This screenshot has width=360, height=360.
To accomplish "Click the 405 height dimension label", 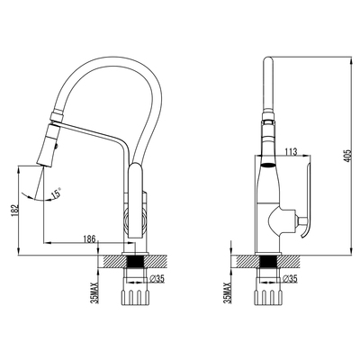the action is pyautogui.click(x=347, y=156).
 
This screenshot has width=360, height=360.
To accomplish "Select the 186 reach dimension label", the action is pyautogui.click(x=89, y=239).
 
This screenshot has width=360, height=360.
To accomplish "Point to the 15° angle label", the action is pyautogui.click(x=56, y=193).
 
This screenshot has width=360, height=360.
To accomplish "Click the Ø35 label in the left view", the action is pyautogui.click(x=157, y=279).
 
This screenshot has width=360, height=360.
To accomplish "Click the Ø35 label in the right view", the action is pyautogui.click(x=289, y=279).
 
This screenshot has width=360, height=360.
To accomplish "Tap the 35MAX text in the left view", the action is pyautogui.click(x=95, y=292).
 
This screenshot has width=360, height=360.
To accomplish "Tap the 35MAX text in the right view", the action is pyautogui.click(x=227, y=292).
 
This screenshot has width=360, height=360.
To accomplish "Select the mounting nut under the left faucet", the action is pyautogui.click(x=135, y=297).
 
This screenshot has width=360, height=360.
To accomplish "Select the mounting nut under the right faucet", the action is pyautogui.click(x=268, y=297).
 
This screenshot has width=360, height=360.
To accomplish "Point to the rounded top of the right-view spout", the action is pyautogui.click(x=267, y=60).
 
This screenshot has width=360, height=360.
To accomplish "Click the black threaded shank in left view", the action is pyautogui.click(x=135, y=262).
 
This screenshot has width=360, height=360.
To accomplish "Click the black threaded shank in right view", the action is pyautogui.click(x=268, y=262).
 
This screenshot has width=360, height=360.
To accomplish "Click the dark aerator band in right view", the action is pyautogui.click(x=267, y=164).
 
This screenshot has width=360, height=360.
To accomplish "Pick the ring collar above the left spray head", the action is pyautogui.click(x=57, y=115).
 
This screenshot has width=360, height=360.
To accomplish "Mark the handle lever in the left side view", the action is pyautogui.click(x=136, y=201).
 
